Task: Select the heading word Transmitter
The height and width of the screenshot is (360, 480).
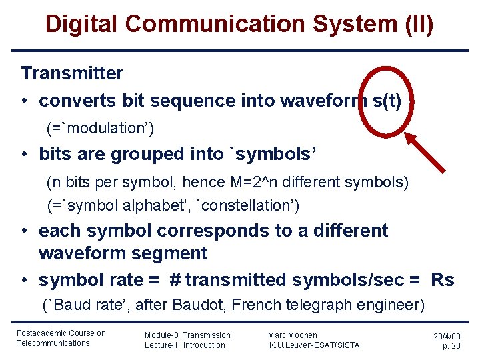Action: (72, 73)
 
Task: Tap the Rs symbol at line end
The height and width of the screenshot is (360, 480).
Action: (442, 280)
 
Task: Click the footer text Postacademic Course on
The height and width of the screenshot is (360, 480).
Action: (61, 333)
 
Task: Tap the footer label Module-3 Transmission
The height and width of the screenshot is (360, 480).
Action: (187, 335)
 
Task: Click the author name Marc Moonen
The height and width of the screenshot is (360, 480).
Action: (292, 335)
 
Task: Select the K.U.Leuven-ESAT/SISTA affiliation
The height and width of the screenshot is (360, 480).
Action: (313, 345)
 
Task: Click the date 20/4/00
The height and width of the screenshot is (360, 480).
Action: (447, 337)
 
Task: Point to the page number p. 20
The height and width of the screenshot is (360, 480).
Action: (451, 347)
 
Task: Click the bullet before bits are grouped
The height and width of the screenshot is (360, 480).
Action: (25, 154)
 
